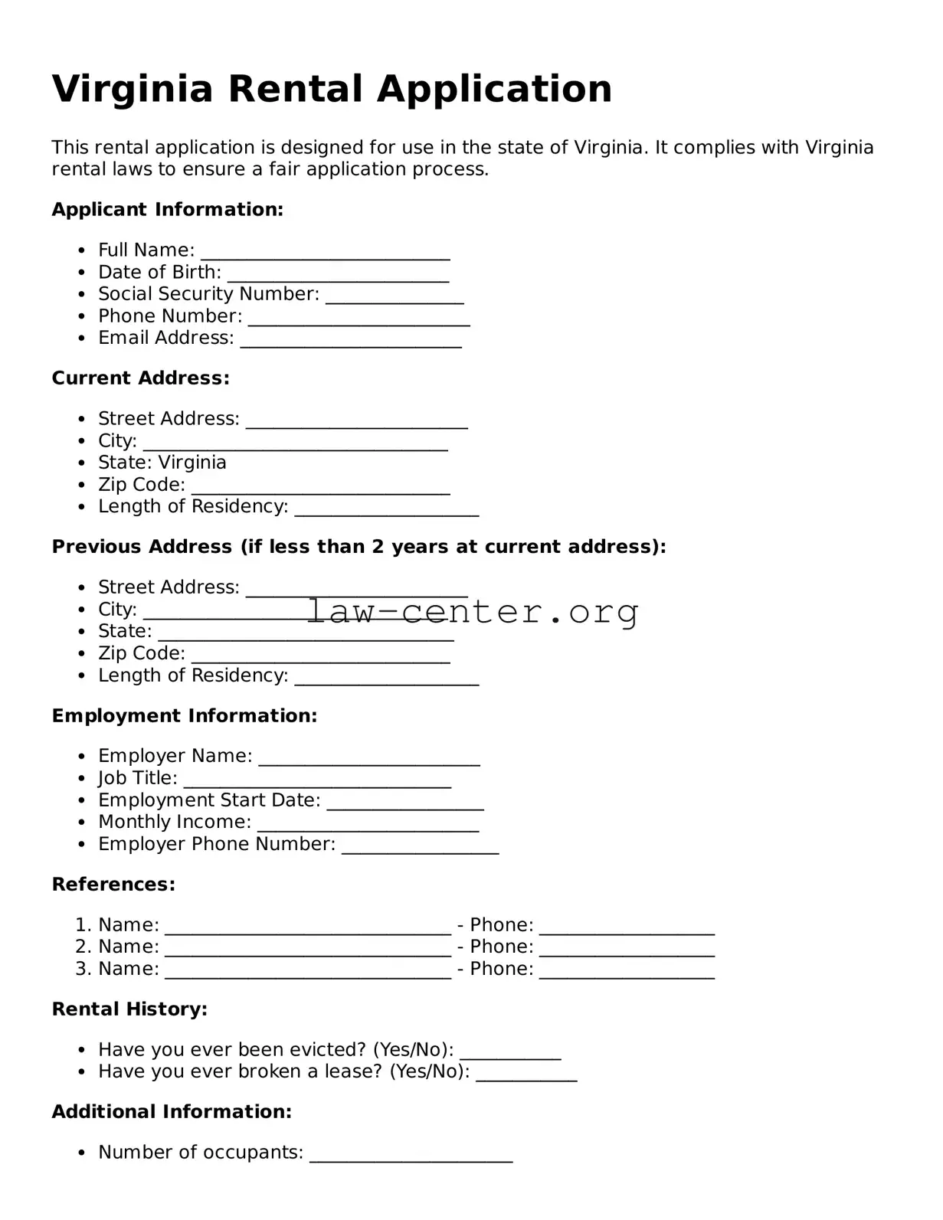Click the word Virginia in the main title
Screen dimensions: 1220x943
132,90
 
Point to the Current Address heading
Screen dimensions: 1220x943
140,378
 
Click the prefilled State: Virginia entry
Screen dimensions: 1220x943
162,463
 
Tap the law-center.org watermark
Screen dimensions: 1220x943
473,612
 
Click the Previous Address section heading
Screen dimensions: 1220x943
359,547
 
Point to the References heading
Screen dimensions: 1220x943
113,885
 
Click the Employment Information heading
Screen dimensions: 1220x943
184,716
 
